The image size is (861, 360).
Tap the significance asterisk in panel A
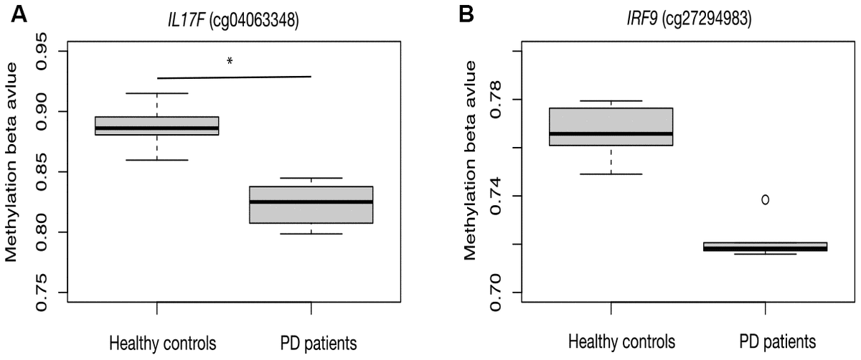click(x=230, y=62)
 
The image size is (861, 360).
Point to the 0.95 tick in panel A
click(x=44, y=52)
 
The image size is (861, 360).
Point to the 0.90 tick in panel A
click(x=44, y=112)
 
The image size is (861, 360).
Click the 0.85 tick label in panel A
click(x=44, y=172)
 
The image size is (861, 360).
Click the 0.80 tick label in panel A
click(x=44, y=232)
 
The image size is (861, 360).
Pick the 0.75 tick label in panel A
click(x=44, y=293)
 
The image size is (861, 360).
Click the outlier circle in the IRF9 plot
click(x=766, y=199)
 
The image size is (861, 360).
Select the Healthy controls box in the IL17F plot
click(x=156, y=125)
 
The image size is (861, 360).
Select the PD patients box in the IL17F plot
click(x=311, y=205)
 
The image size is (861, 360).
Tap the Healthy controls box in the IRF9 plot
click(x=611, y=127)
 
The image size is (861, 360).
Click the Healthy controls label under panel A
click(x=156, y=339)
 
